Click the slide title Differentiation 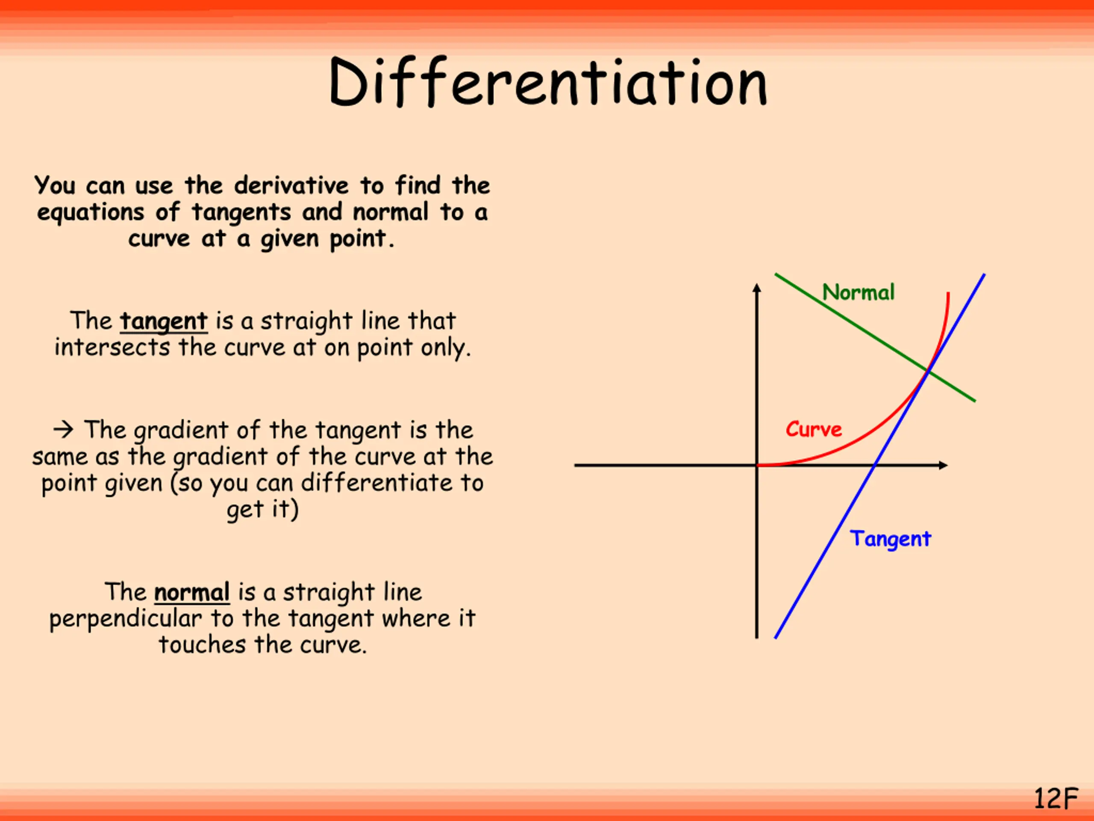point(547,83)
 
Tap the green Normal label point(858,292)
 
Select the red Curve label point(814,429)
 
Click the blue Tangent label point(890,539)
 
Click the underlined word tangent point(164,321)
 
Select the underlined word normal point(192,592)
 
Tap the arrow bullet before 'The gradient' point(63,429)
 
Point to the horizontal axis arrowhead point(943,465)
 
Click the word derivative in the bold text point(291,186)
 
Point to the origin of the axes point(757,465)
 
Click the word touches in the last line point(202,645)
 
